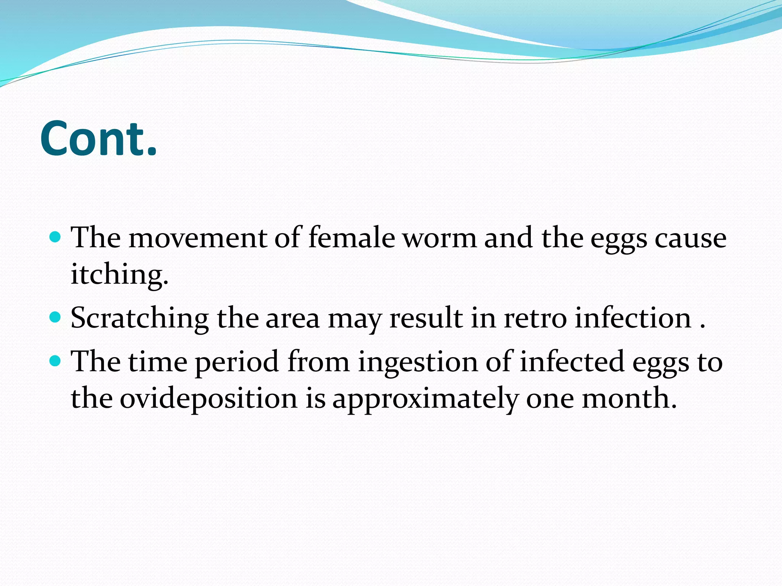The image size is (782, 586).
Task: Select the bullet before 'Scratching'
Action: [x=56, y=317]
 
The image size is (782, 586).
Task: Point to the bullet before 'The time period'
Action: [x=56, y=361]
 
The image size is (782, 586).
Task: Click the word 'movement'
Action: [x=197, y=238]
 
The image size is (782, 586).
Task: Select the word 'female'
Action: [x=351, y=238]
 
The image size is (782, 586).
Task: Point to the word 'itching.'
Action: [x=120, y=275]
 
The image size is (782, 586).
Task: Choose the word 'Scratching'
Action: [x=139, y=319]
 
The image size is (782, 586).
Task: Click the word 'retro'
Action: [x=535, y=319]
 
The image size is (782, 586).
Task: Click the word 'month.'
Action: [x=629, y=398]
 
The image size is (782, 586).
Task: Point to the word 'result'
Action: [x=426, y=319]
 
